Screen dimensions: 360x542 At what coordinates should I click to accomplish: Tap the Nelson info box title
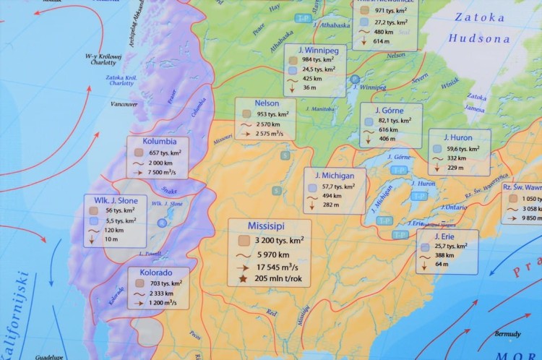click(x=267, y=103)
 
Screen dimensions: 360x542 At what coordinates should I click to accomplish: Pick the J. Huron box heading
click(x=457, y=137)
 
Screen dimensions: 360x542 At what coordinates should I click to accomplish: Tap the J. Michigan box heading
click(x=334, y=176)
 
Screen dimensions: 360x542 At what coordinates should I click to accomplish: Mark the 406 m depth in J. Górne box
click(x=387, y=138)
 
